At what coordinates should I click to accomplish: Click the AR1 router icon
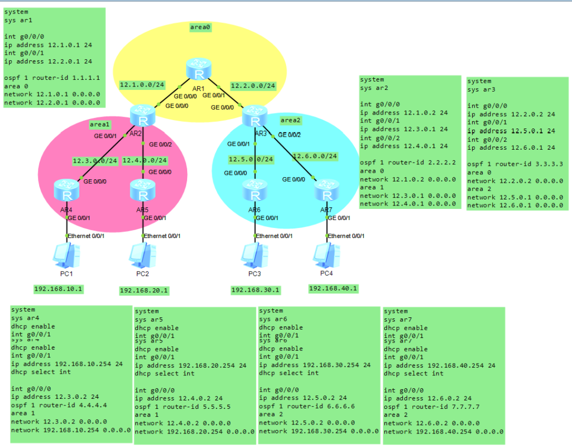coord(198,71)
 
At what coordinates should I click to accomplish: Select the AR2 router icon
coord(142,115)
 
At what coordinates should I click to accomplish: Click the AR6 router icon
coord(255,191)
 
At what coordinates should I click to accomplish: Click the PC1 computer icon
coord(65,256)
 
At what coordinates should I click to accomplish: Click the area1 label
coord(101,124)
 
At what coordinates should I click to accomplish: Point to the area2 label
coord(291,120)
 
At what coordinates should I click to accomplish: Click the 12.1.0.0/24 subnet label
coord(142,85)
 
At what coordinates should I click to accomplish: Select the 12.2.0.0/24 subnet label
coord(253,86)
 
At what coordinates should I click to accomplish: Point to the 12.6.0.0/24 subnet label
coord(315,156)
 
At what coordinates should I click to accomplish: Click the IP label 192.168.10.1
coord(58,289)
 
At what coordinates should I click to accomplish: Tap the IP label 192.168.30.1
coord(255,290)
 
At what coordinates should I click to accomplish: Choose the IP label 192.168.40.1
coord(333,288)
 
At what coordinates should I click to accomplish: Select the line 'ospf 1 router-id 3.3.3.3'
coord(514,164)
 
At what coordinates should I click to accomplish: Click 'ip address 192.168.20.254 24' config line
coord(190,366)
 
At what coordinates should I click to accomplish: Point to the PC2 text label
coord(142,273)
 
